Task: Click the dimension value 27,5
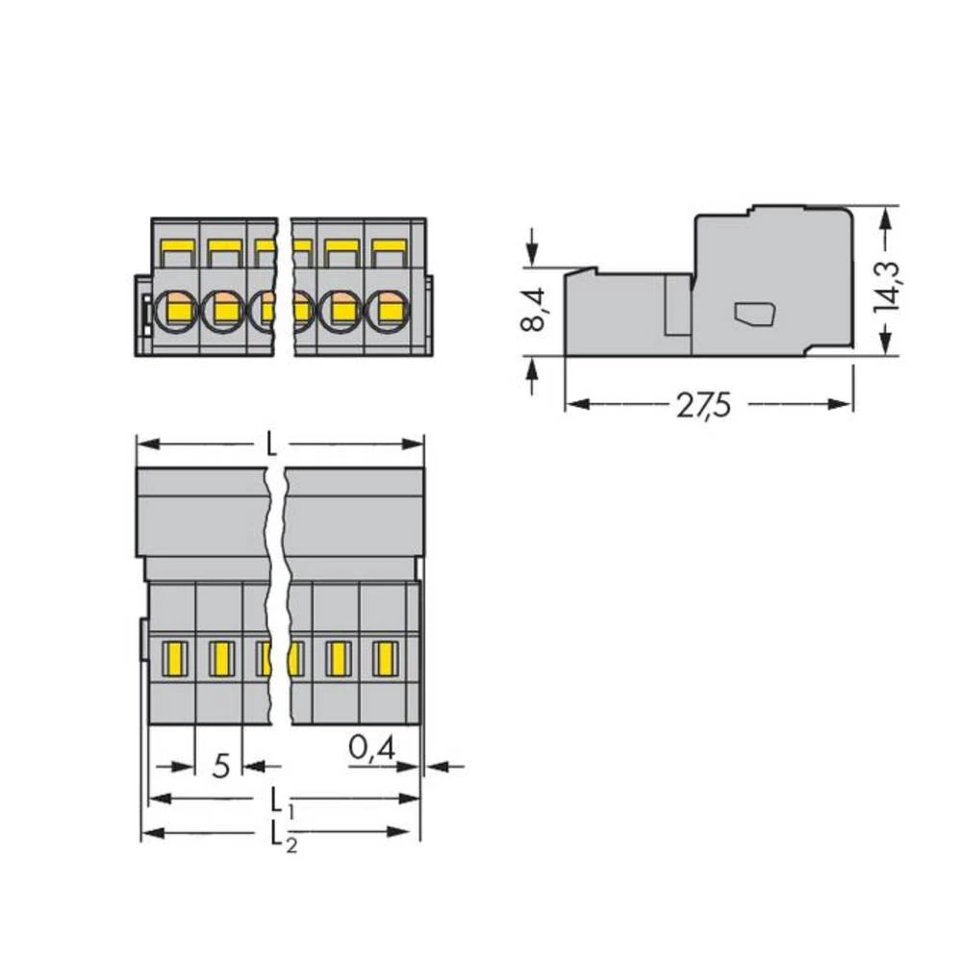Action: point(702,406)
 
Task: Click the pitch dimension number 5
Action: point(220,766)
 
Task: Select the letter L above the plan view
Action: point(272,444)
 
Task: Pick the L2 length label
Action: point(277,833)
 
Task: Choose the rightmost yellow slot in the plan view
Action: point(384,658)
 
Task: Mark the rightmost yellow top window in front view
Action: point(389,252)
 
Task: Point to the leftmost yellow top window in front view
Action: point(175,252)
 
